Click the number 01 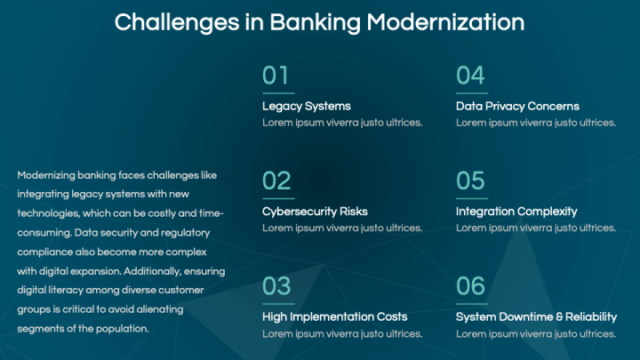pyautogui.click(x=276, y=76)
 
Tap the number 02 pyautogui.click(x=276, y=181)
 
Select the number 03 pyautogui.click(x=276, y=286)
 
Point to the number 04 pyautogui.click(x=470, y=76)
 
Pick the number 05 pyautogui.click(x=470, y=181)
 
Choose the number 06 pyautogui.click(x=470, y=286)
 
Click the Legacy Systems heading pyautogui.click(x=306, y=107)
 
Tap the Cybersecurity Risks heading pyautogui.click(x=315, y=212)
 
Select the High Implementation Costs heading pyautogui.click(x=334, y=316)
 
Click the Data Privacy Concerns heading pyautogui.click(x=517, y=107)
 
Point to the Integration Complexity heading pyautogui.click(x=516, y=212)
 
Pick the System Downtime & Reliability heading pyautogui.click(x=536, y=316)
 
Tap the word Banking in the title pyautogui.click(x=294, y=21)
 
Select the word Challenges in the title pyautogui.click(x=170, y=21)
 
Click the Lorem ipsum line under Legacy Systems pyautogui.click(x=342, y=123)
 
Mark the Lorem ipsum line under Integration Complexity pyautogui.click(x=536, y=228)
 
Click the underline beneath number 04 pyautogui.click(x=472, y=92)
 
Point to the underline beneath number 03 pyautogui.click(x=278, y=303)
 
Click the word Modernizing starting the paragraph pyautogui.click(x=49, y=175)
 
